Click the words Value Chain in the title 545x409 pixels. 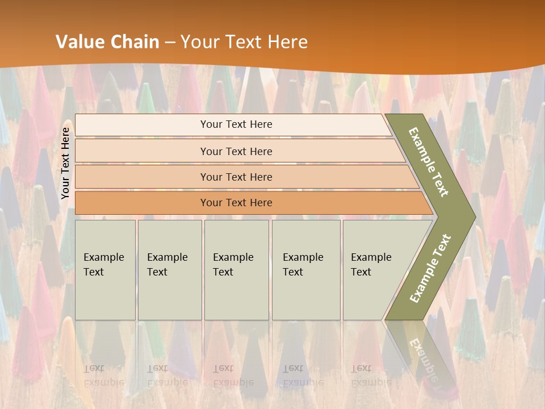click(x=107, y=41)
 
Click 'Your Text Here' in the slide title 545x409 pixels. click(x=244, y=41)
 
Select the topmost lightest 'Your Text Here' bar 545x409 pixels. click(x=236, y=124)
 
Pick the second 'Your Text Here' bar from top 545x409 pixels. click(x=236, y=151)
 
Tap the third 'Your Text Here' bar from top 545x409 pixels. click(x=236, y=177)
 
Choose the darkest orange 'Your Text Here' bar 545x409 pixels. click(x=236, y=203)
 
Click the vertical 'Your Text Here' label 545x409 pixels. click(x=66, y=163)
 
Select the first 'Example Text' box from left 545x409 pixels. click(x=105, y=270)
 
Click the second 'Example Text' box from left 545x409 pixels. click(x=169, y=270)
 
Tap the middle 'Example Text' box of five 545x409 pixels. click(x=236, y=270)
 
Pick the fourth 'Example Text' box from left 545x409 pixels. click(x=305, y=270)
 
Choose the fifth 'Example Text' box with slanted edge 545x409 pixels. click(x=375, y=270)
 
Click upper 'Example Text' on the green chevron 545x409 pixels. click(x=429, y=162)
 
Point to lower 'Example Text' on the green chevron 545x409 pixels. click(x=430, y=268)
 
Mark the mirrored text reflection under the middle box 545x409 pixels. click(x=233, y=375)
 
